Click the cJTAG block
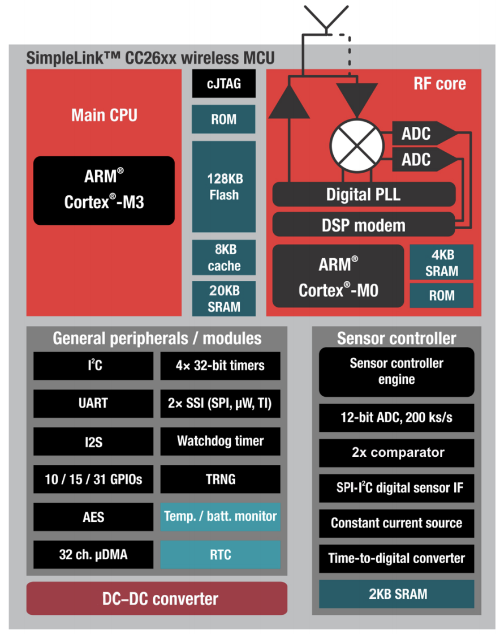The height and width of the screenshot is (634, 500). coord(224,84)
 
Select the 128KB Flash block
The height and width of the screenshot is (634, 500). coord(224,187)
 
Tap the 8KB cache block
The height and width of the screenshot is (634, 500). coord(224,258)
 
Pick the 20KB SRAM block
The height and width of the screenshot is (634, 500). coord(224,298)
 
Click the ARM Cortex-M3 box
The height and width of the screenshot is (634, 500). coord(104,190)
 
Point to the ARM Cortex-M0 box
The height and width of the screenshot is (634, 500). coord(338,276)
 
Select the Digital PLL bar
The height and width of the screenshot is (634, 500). coord(364,195)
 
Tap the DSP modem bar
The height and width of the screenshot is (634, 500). coord(364,225)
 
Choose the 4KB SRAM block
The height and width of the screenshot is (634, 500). coord(441,263)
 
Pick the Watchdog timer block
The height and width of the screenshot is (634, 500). coord(220,441)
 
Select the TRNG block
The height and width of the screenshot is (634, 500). coord(220,479)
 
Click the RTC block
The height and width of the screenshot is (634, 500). coord(220,554)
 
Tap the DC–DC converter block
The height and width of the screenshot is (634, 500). coord(157,598)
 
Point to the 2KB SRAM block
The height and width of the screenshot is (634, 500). coord(396,594)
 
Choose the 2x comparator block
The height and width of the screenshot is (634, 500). coord(396,452)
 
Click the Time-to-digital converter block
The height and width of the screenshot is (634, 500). coord(396,558)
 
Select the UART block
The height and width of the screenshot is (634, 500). coord(93,404)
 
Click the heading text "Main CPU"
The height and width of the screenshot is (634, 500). coord(104,115)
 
